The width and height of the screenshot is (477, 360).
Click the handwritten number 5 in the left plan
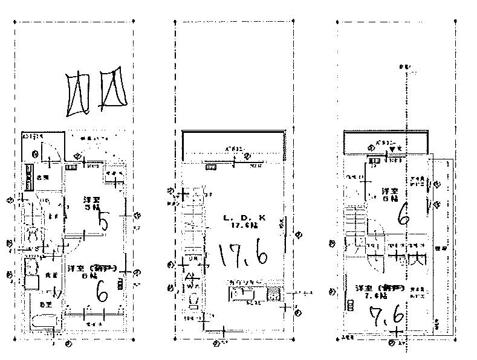[103, 222]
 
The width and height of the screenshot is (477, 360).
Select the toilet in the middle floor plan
[194, 300]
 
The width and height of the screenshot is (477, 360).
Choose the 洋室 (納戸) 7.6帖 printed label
[374, 291]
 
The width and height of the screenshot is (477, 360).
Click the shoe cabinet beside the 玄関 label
[29, 177]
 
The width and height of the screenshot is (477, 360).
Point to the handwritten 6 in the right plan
[403, 213]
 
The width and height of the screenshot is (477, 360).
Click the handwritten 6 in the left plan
[102, 292]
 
